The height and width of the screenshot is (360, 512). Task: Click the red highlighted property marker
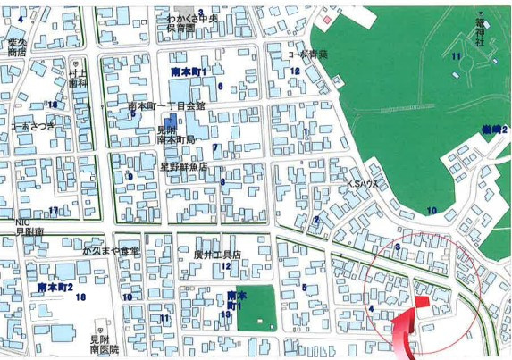(422, 303)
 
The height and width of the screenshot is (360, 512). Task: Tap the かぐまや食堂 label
(111, 251)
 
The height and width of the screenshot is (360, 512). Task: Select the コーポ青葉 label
(308, 54)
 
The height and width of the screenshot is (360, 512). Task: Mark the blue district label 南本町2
(55, 288)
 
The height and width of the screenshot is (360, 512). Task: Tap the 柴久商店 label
(17, 46)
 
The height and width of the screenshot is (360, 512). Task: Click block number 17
(54, 211)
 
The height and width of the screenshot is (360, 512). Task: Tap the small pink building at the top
(328, 19)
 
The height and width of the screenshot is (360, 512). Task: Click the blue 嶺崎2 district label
(493, 130)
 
